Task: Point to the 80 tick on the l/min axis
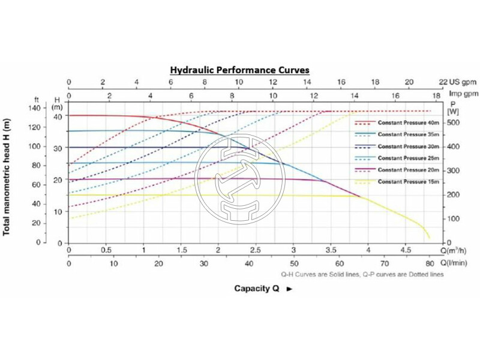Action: coord(429,263)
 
